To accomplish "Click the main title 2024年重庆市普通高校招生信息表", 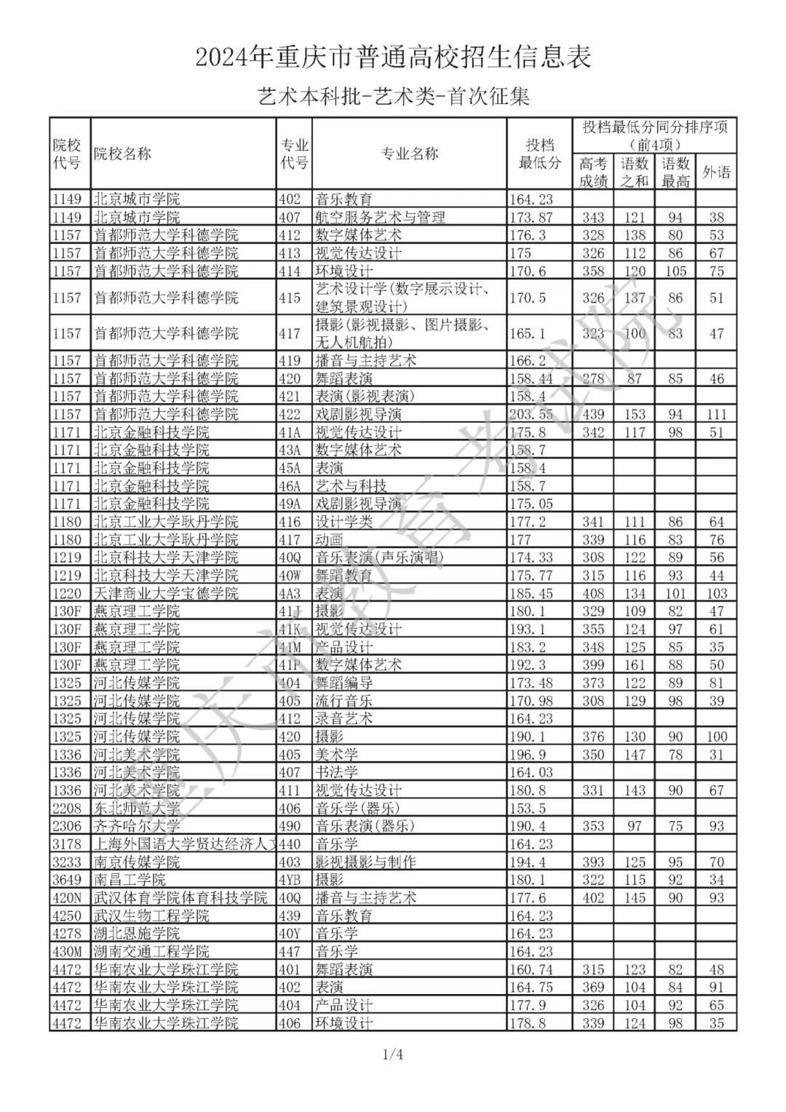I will coord(393,57).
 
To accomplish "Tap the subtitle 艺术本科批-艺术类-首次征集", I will coord(393,96).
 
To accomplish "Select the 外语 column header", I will coord(716,172).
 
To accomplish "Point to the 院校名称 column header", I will coord(122,154).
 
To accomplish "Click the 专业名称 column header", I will coord(410,154).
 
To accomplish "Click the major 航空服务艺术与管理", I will coord(380,217).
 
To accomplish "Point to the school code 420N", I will coord(67,898).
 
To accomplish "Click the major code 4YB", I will coord(290,880).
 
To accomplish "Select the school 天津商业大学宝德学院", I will coord(166,593).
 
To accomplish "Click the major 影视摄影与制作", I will coord(365,862).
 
